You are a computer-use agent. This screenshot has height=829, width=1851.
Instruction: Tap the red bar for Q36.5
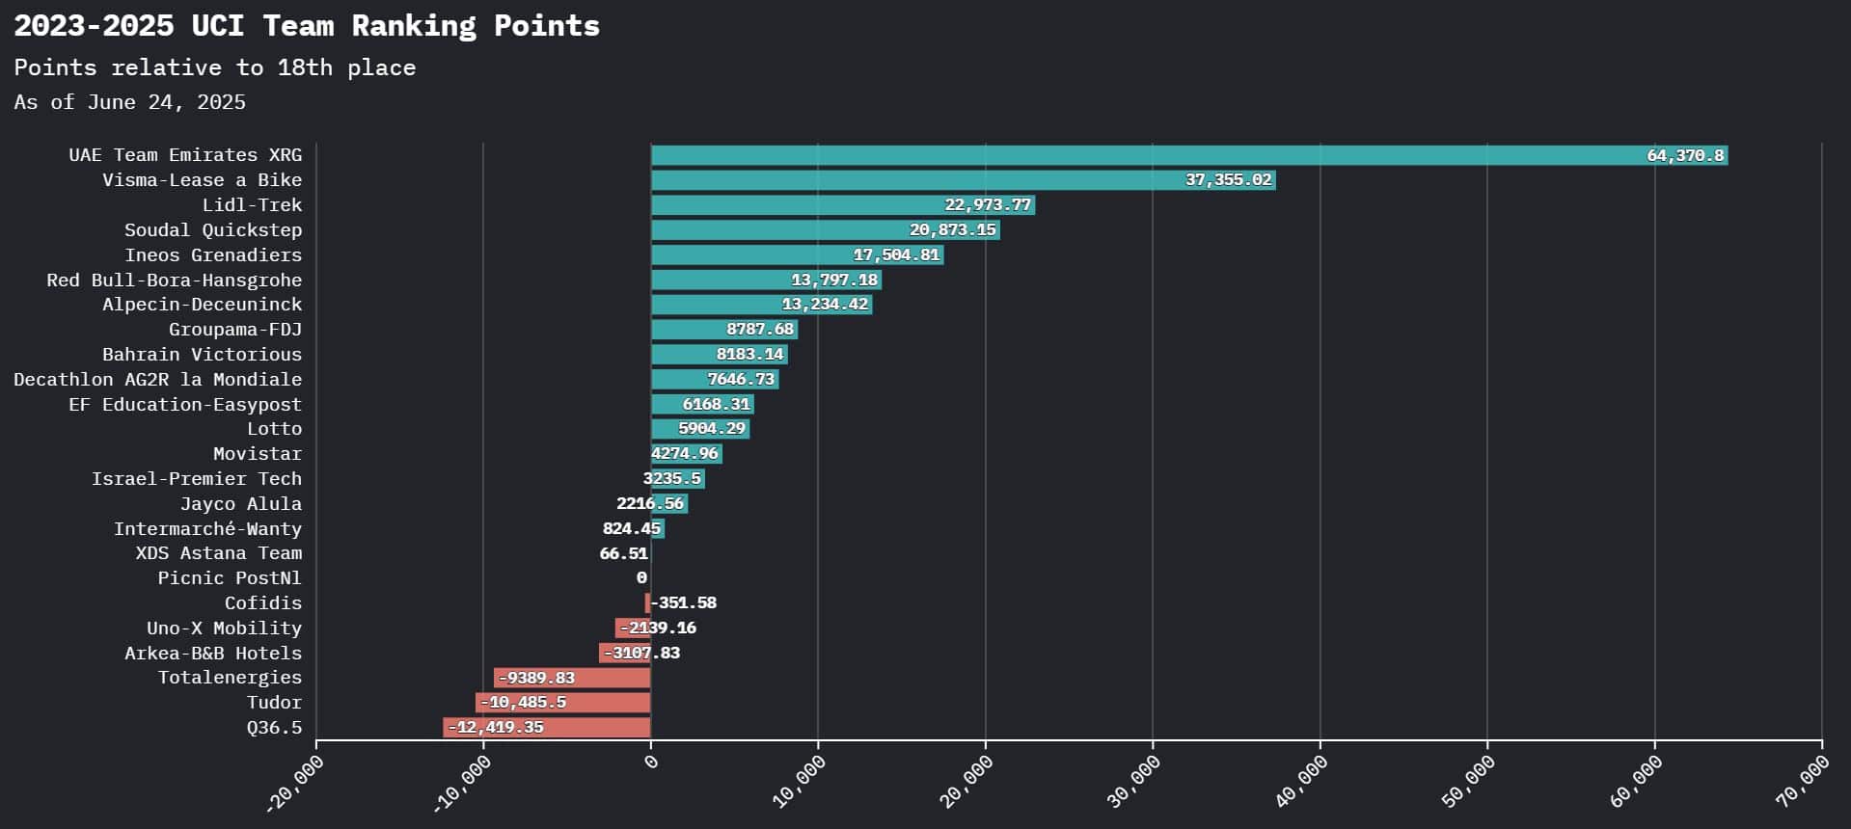point(547,728)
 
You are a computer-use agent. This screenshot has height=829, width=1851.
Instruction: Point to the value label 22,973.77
point(988,205)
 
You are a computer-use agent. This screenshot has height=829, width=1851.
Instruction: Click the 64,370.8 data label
point(1684,155)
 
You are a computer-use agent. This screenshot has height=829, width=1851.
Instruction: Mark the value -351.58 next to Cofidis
point(684,603)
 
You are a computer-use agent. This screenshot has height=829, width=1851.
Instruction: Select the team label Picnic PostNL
point(230,578)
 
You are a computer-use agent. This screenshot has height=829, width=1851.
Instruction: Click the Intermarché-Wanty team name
point(207,528)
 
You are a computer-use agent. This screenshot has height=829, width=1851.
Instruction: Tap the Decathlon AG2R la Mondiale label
point(157,380)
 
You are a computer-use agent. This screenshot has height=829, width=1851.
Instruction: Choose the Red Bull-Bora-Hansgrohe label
point(174,281)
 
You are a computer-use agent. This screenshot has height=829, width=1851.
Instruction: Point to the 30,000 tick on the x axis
point(1134,780)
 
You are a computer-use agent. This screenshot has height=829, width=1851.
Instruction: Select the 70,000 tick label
point(1803,781)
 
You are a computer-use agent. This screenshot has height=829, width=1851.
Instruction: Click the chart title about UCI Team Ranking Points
point(307,26)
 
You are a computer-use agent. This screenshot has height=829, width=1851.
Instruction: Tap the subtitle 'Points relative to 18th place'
point(215,67)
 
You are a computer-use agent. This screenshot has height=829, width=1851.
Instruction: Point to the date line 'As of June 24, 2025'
point(130,102)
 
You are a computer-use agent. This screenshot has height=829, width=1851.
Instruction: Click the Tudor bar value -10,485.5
point(523,703)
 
